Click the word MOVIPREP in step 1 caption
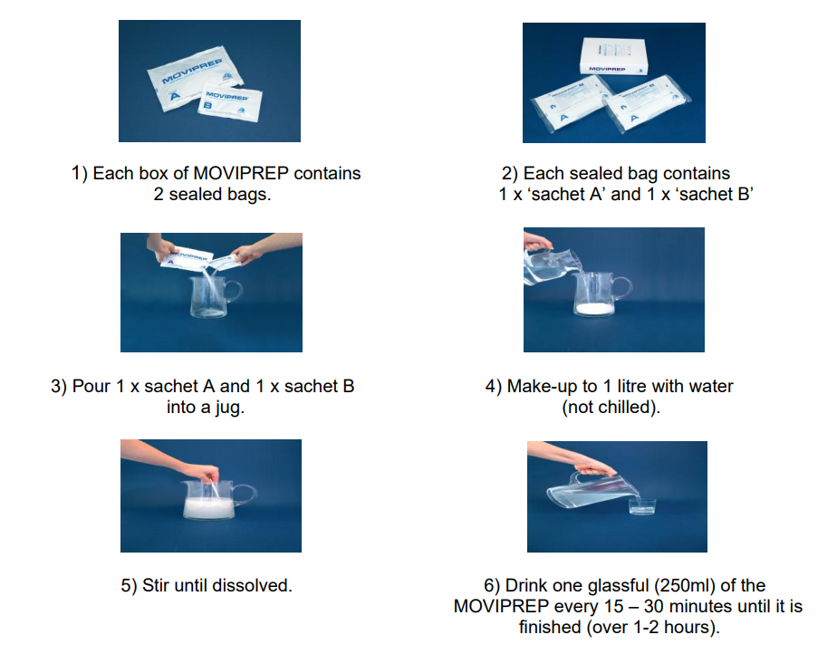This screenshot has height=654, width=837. pos(241,174)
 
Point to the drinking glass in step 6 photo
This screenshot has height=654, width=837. pos(642,506)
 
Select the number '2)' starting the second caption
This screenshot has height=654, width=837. pos(510,174)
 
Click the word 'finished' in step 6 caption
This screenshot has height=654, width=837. pos(550,627)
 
